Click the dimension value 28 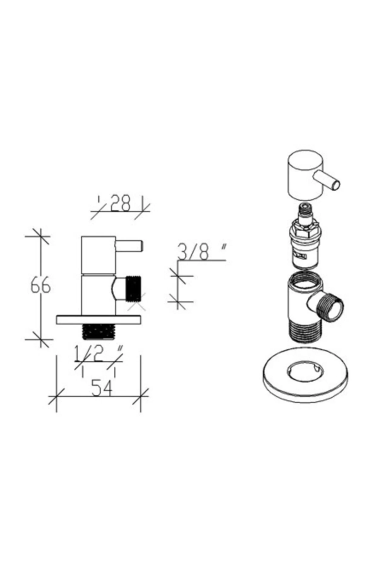pyautogui.click(x=120, y=204)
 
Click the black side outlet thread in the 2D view pyautogui.click(x=135, y=288)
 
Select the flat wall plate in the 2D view pyautogui.click(x=98, y=319)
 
